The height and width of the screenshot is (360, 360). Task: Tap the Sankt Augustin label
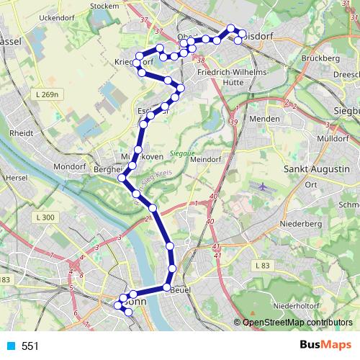317,168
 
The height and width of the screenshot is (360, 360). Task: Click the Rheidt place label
22,133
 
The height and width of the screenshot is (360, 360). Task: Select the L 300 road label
44,217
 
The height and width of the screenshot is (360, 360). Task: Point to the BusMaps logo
326,346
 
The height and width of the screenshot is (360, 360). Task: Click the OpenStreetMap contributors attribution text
297,323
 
